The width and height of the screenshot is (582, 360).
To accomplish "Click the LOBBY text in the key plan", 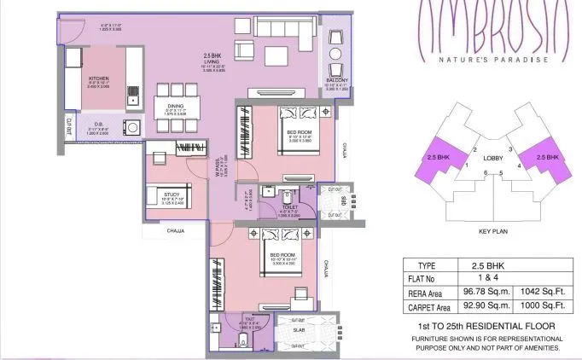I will click(x=491, y=159).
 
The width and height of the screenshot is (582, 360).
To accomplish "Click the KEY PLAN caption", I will click(x=492, y=231).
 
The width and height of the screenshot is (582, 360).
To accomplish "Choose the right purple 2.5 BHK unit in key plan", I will click(x=545, y=159).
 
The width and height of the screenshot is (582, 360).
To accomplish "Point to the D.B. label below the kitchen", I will click(x=100, y=125).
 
